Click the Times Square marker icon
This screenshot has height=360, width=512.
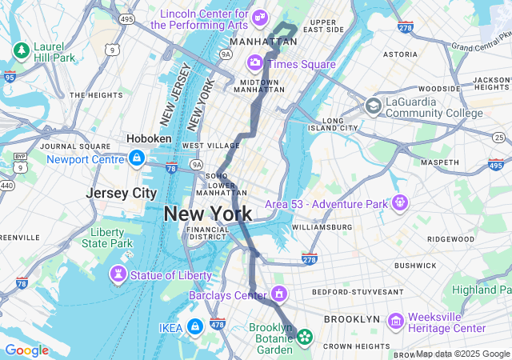tap(255, 62)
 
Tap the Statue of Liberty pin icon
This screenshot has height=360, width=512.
tap(118, 275)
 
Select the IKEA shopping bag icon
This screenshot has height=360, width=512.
tap(194, 326)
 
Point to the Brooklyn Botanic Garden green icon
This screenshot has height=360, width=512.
tap(304, 337)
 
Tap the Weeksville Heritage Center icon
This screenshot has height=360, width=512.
tap(395, 322)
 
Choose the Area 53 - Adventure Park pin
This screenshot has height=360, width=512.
tap(399, 203)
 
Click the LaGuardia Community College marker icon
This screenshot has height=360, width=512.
tap(373, 106)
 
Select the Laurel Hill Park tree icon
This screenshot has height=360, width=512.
tap(20, 51)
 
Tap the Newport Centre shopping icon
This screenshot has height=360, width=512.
tap(137, 158)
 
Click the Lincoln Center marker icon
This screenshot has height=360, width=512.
tap(259, 18)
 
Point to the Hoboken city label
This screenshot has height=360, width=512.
tap(149, 138)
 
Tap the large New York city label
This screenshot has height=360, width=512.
tap(208, 214)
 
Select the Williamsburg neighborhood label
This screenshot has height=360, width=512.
tap(322, 227)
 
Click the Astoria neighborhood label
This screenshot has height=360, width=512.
tap(400, 54)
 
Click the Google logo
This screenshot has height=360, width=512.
tap(26, 350)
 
